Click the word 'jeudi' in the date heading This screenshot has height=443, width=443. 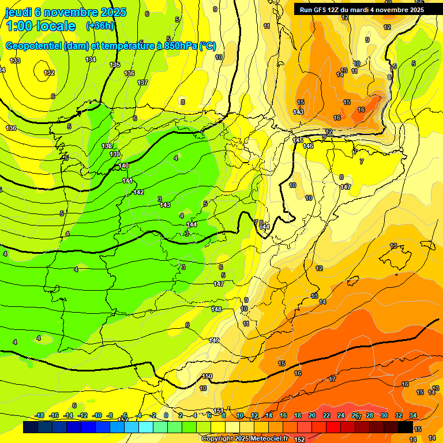click(18, 12)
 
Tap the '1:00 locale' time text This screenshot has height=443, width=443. click(40, 26)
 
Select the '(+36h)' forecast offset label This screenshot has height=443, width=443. click(100, 26)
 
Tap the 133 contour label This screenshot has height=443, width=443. click(15, 61)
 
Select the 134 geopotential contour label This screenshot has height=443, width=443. click(91, 60)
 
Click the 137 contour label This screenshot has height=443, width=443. click(142, 82)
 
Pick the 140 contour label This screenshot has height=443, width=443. click(123, 166)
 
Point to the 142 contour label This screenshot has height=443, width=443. click(138, 192)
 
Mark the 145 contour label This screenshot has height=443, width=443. click(298, 140)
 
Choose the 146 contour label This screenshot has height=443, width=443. click(309, 146)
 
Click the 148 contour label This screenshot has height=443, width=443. click(216, 309)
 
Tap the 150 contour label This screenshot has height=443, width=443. click(208, 376)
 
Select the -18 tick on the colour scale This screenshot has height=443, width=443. click(39, 415)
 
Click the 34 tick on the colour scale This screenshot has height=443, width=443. click(413, 415)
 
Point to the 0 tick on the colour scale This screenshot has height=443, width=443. click(166, 415)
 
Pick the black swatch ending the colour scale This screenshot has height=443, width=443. click(405, 427)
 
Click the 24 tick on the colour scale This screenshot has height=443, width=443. click(341, 415)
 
